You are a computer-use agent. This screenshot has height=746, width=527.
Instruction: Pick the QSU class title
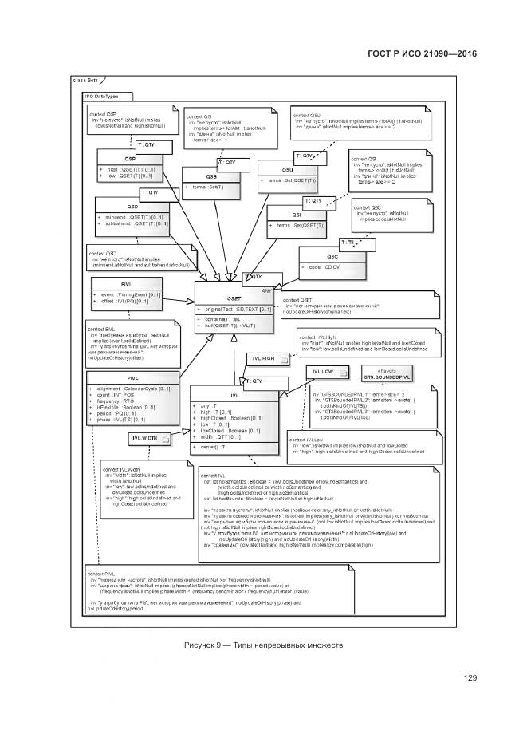pos(289,171)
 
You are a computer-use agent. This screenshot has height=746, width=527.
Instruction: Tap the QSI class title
pos(295,215)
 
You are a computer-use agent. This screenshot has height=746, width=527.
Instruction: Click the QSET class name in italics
pos(234,298)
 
